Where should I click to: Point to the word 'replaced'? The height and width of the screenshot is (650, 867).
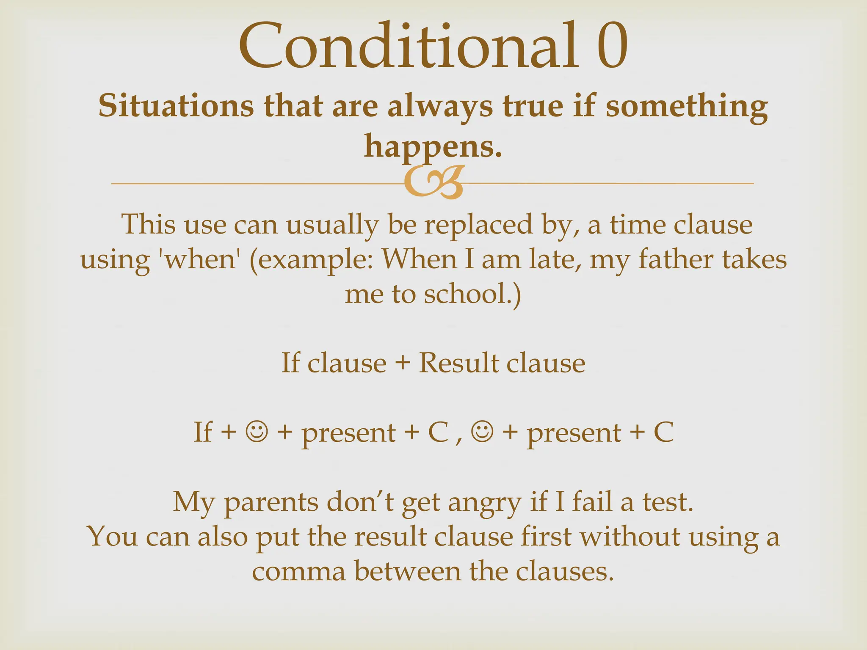point(478,224)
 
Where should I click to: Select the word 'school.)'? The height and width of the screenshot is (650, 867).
point(472,294)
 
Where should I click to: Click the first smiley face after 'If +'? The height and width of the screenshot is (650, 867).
point(256,432)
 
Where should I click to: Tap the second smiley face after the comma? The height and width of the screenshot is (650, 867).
point(482,432)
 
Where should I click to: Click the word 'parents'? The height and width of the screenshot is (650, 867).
point(271,503)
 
